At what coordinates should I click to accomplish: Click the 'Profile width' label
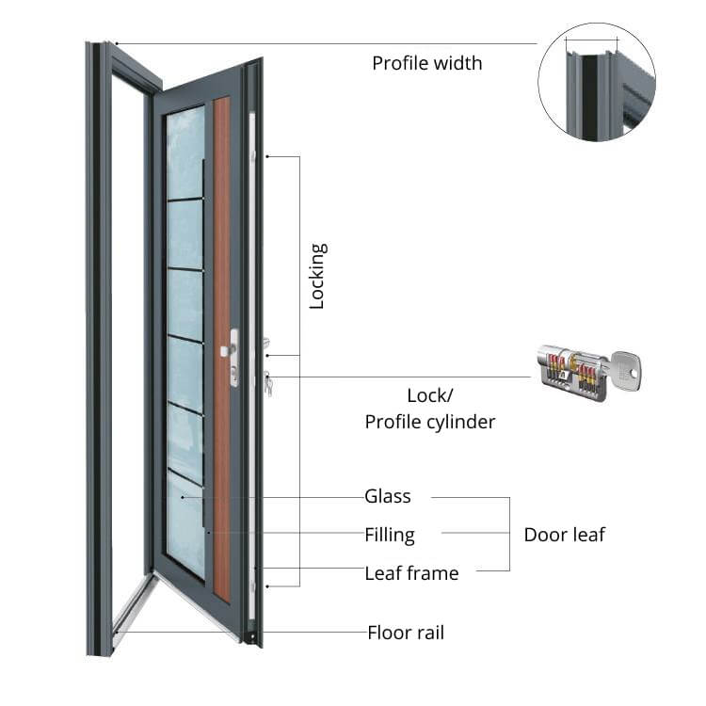(426, 63)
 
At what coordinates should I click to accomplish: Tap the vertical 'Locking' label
(317, 276)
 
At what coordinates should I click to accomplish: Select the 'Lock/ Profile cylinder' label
(430, 409)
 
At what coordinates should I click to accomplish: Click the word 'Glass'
(387, 496)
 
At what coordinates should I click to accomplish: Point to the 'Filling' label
(389, 535)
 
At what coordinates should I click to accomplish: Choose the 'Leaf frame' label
(411, 572)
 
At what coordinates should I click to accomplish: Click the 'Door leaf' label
(564, 535)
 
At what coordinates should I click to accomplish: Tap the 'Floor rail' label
(405, 633)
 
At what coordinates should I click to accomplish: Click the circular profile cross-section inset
(597, 83)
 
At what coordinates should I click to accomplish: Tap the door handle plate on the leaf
(233, 357)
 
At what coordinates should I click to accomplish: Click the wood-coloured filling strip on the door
(222, 348)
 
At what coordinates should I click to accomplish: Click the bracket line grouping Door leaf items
(508, 534)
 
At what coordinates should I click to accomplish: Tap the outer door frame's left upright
(99, 348)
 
